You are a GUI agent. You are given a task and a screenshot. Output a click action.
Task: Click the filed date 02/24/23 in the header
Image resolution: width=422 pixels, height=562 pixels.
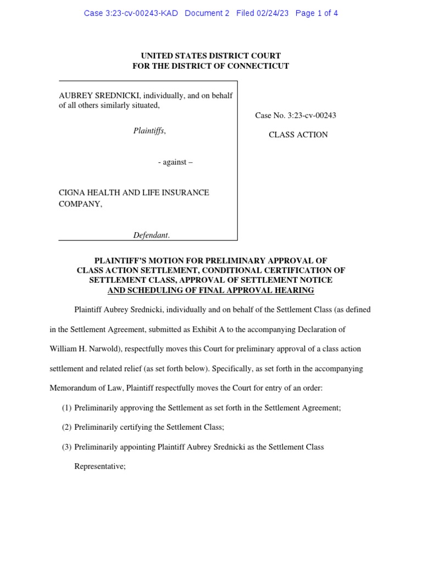point(273,13)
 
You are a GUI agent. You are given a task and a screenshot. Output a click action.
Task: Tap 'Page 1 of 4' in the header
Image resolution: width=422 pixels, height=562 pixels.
point(316,13)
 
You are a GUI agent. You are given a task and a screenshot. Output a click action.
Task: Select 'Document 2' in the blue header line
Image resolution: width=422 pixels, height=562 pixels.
point(207,13)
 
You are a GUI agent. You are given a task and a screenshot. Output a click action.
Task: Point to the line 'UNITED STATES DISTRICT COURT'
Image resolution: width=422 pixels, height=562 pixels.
point(211,55)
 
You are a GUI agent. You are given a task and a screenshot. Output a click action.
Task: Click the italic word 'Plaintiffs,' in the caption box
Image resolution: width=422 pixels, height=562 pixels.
point(149,131)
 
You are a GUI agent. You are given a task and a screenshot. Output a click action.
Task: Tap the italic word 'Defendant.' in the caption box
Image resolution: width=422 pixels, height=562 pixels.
point(152,235)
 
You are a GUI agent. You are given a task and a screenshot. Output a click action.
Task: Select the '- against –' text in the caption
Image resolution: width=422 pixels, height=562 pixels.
point(175,162)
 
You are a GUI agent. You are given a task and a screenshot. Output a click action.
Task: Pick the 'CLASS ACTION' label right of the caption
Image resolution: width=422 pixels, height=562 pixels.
point(298,134)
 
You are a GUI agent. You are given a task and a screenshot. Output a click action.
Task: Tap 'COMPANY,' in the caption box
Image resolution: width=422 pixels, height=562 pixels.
point(80,204)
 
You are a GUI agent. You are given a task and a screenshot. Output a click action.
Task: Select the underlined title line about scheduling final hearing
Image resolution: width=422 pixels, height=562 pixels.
point(211,290)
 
